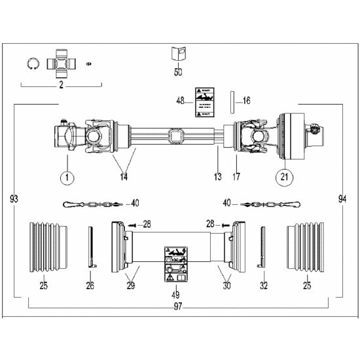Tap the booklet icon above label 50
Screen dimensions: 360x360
tap(177, 54)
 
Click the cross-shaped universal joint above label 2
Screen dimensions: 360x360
tap(63, 62)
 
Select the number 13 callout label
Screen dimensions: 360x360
tap(218, 177)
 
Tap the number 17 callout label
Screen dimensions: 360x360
tap(237, 177)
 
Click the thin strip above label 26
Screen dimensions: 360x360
tap(92, 247)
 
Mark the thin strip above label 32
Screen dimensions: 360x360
tap(263, 247)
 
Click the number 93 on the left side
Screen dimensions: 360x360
tap(14, 198)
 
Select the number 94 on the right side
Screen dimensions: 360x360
tap(342, 198)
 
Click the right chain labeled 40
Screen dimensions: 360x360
tap(268, 204)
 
